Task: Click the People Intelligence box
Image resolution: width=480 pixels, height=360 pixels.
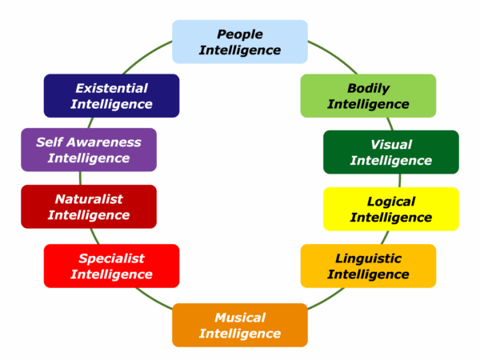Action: (x=240, y=42)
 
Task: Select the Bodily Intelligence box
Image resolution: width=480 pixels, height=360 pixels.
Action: (x=368, y=96)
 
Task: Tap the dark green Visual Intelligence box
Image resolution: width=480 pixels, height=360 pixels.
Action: (x=391, y=152)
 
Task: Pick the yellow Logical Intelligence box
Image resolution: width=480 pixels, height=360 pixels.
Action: (x=391, y=209)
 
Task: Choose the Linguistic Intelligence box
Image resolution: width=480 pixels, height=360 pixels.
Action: (x=368, y=266)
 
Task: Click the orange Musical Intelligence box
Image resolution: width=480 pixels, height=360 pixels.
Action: (x=240, y=325)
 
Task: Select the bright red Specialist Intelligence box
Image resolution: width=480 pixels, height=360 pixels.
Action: (x=111, y=266)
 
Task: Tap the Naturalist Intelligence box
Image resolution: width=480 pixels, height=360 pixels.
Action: (x=89, y=206)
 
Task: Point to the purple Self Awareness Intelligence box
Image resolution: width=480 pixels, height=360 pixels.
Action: (x=89, y=150)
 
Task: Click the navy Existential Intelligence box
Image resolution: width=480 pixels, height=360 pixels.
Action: (x=111, y=95)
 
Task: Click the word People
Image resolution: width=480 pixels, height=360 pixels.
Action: (x=240, y=34)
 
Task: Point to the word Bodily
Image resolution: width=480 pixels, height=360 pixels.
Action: (x=368, y=88)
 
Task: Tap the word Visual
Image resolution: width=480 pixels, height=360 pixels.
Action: (x=391, y=144)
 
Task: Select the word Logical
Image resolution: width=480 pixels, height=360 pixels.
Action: (x=391, y=201)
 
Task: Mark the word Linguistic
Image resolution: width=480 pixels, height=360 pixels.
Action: (x=368, y=258)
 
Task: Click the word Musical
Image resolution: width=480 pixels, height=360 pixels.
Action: (x=240, y=317)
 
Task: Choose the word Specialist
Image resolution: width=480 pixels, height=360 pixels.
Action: (x=111, y=258)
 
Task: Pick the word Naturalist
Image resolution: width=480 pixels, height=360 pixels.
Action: (x=89, y=198)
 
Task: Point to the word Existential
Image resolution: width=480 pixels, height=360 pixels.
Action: (x=111, y=87)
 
